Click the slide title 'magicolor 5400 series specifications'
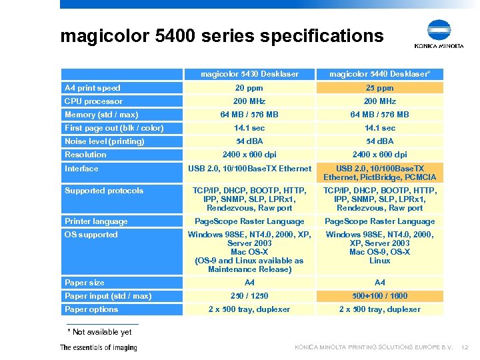point(221,35)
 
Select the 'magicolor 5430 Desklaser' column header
point(249,74)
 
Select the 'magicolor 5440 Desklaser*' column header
point(379,74)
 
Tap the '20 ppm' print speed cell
point(249,88)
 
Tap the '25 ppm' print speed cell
point(379,88)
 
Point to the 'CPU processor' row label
point(93,101)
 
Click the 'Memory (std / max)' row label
point(101,115)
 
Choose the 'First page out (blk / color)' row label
point(114,128)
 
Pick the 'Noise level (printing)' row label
point(104,141)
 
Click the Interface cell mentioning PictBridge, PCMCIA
point(379,173)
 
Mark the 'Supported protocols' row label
point(104,191)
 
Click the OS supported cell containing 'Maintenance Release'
point(249,251)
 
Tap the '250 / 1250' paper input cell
point(249,296)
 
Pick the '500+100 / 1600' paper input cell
point(379,296)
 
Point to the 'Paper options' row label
point(91,309)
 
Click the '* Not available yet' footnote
point(100,332)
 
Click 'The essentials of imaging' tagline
point(98,347)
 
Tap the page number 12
point(465,347)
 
